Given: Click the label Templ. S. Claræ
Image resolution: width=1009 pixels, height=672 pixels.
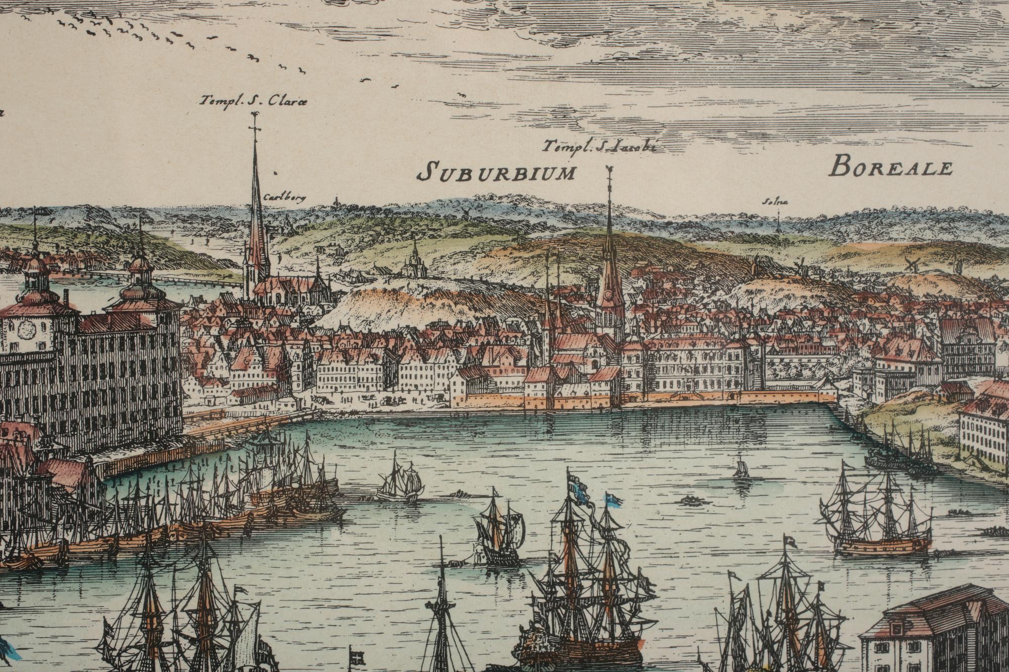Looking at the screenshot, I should tap(252, 101).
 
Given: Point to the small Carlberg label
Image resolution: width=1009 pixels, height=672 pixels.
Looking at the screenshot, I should tap(285, 198).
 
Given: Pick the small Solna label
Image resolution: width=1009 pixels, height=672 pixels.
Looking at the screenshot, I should tap(775, 203).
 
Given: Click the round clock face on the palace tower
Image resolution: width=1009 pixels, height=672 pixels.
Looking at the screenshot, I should tap(26, 330).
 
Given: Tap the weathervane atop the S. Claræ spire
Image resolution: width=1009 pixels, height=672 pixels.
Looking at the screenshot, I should tap(254, 119).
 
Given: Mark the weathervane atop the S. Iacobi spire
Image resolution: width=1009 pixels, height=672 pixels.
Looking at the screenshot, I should tap(609, 171).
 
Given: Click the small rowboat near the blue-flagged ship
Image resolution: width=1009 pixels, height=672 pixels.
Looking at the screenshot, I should tap(689, 500).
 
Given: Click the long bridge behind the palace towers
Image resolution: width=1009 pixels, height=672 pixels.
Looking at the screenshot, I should tap(197, 281).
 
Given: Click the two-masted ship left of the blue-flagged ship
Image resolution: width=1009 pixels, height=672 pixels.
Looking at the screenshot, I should tap(498, 529).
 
